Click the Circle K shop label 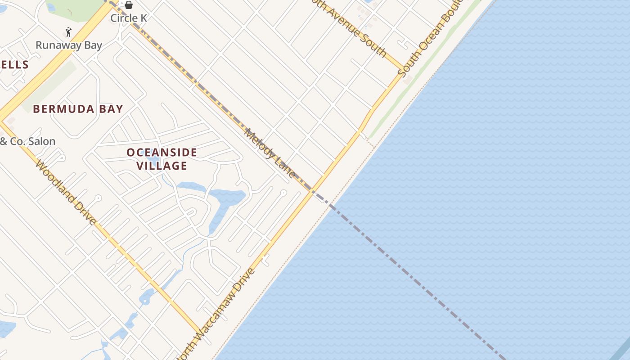tap(129, 18)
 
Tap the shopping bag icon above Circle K tap(129, 5)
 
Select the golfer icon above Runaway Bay tap(68, 32)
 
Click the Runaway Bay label tap(69, 45)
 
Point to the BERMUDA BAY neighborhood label tap(78, 109)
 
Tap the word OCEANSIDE tap(162, 153)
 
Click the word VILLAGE tap(162, 166)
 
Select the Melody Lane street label tap(270, 153)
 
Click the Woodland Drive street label tap(66, 192)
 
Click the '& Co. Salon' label tap(28, 141)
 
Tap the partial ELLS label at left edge tap(14, 65)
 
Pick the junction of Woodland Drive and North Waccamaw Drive tap(199, 332)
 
